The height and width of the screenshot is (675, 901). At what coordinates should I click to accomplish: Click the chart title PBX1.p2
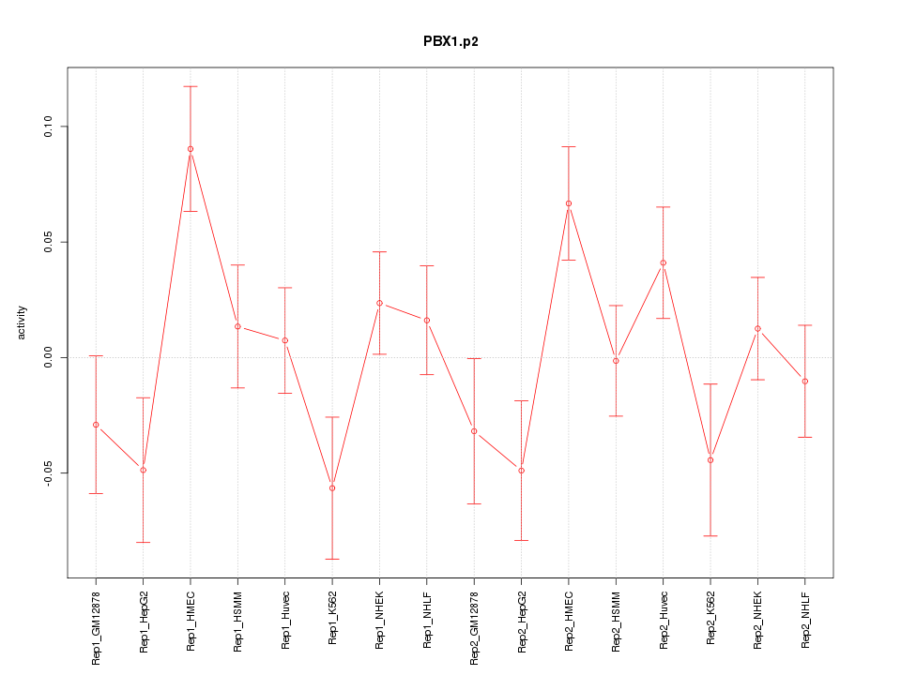pyautogui.click(x=450, y=42)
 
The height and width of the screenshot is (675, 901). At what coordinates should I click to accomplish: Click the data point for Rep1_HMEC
pyautogui.click(x=191, y=149)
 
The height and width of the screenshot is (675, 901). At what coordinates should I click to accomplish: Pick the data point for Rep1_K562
pyautogui.click(x=332, y=487)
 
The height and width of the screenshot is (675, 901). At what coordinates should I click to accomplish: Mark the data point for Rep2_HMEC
pyautogui.click(x=569, y=203)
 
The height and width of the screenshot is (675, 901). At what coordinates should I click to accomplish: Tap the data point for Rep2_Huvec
pyautogui.click(x=664, y=263)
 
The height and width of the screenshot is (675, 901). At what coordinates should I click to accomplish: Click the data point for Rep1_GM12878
pyautogui.click(x=96, y=425)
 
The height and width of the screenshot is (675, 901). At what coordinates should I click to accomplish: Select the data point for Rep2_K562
pyautogui.click(x=710, y=460)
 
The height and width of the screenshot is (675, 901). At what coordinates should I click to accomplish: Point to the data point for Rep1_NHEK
pyautogui.click(x=379, y=303)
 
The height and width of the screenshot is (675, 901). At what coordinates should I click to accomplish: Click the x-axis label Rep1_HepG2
pyautogui.click(x=144, y=621)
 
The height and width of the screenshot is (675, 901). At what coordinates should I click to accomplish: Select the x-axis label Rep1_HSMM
pyautogui.click(x=238, y=621)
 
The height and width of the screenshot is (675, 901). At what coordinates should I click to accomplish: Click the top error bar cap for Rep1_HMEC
pyautogui.click(x=191, y=86)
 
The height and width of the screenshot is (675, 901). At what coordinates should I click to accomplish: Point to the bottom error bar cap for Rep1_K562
pyautogui.click(x=332, y=559)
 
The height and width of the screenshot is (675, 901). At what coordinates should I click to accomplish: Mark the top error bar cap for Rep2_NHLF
pyautogui.click(x=805, y=325)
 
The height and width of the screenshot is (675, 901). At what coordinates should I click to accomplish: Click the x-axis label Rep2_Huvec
pyautogui.click(x=664, y=622)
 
